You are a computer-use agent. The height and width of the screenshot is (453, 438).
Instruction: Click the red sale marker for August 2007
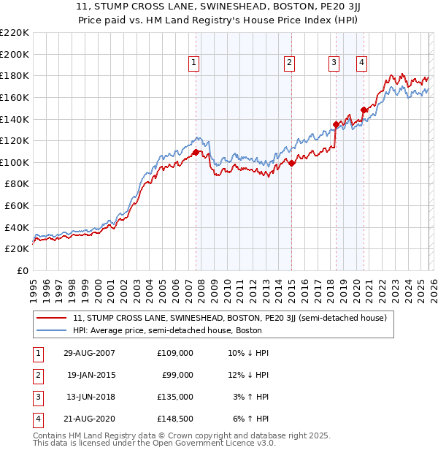pos(196,152)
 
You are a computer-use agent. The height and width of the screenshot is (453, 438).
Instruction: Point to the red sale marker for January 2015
pos(291,163)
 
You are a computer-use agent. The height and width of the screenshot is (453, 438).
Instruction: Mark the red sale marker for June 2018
pos(336,124)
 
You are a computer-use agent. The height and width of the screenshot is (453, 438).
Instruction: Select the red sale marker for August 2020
pos(364,110)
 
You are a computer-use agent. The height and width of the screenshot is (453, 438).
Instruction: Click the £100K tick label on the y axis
pos(14,162)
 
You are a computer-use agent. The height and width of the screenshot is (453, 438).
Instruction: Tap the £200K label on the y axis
pos(14,54)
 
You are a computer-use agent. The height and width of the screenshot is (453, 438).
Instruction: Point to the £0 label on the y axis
pos(22,270)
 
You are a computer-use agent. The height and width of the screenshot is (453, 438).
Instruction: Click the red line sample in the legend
pos(52,318)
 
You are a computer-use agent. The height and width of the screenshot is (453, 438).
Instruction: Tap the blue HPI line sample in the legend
pos(52,330)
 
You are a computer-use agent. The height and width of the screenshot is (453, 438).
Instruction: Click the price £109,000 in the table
pos(175,352)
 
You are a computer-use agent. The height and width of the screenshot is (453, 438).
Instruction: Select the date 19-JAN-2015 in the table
pos(91,374)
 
